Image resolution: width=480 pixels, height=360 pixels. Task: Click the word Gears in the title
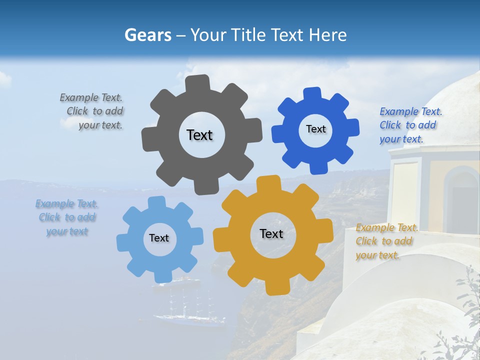coord(147,35)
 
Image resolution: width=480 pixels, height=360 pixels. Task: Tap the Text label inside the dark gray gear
coord(199,135)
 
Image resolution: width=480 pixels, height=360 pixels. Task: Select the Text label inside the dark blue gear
coord(315,129)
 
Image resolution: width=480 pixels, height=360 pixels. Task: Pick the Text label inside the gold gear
coord(271,233)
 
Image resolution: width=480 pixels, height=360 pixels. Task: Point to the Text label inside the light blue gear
coord(159,238)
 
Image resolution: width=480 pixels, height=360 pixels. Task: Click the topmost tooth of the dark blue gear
coord(312,94)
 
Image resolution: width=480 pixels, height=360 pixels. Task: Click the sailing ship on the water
coord(182,307)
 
